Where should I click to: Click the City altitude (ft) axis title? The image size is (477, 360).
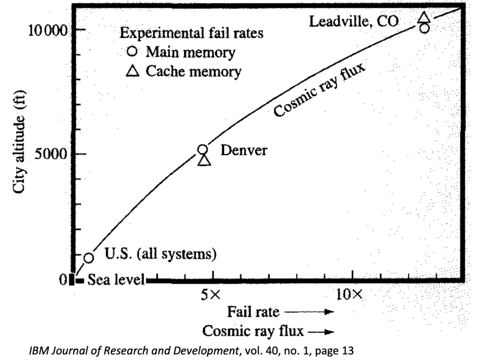tap(20, 147)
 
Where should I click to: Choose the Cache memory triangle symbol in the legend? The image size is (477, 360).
tap(133, 71)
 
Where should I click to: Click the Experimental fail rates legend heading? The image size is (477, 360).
tap(191, 34)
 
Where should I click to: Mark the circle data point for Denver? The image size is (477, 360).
tap(203, 149)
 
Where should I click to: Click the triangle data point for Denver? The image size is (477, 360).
tap(204, 160)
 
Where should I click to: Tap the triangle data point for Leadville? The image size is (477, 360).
tap(424, 18)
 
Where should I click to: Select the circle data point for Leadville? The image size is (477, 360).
tap(424, 28)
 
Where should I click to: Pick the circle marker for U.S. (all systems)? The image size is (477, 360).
tap(89, 258)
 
